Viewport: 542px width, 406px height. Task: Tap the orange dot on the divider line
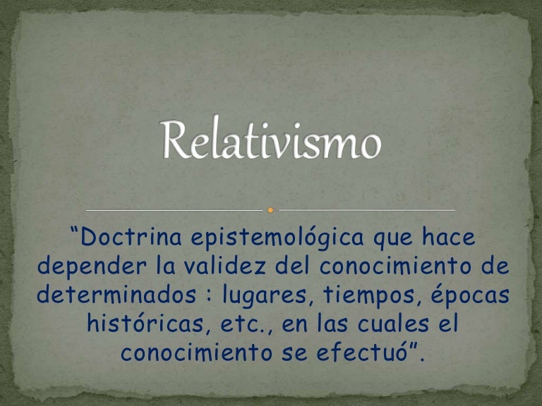pyautogui.click(x=271, y=209)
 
